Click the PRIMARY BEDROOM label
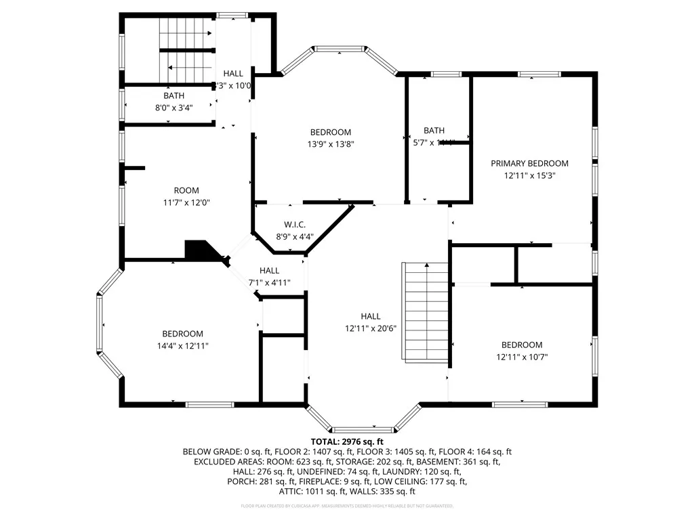pyautogui.click(x=529, y=163)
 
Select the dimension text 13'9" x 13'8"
pyautogui.click(x=331, y=144)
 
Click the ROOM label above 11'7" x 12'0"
pyautogui.click(x=186, y=191)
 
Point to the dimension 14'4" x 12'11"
pyautogui.click(x=182, y=345)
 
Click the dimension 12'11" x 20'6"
pyautogui.click(x=370, y=328)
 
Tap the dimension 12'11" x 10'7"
pyautogui.click(x=521, y=356)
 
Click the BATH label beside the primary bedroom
pyautogui.click(x=434, y=131)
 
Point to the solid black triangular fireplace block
pyautogui.click(x=201, y=250)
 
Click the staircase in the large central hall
pyautogui.click(x=426, y=311)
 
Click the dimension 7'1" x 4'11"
pyautogui.click(x=269, y=282)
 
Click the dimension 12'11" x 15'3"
pyautogui.click(x=529, y=175)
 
